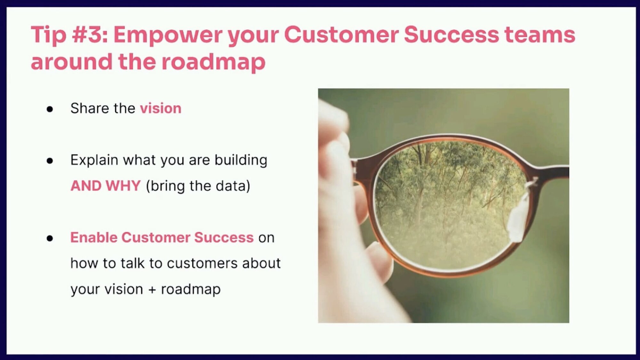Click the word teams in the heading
pos(540,35)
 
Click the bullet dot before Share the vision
pos(50,109)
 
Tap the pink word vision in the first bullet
pos(161,108)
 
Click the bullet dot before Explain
pos(50,161)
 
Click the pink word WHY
pos(123,186)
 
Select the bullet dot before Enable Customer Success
pos(50,238)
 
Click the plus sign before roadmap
pos(152,290)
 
